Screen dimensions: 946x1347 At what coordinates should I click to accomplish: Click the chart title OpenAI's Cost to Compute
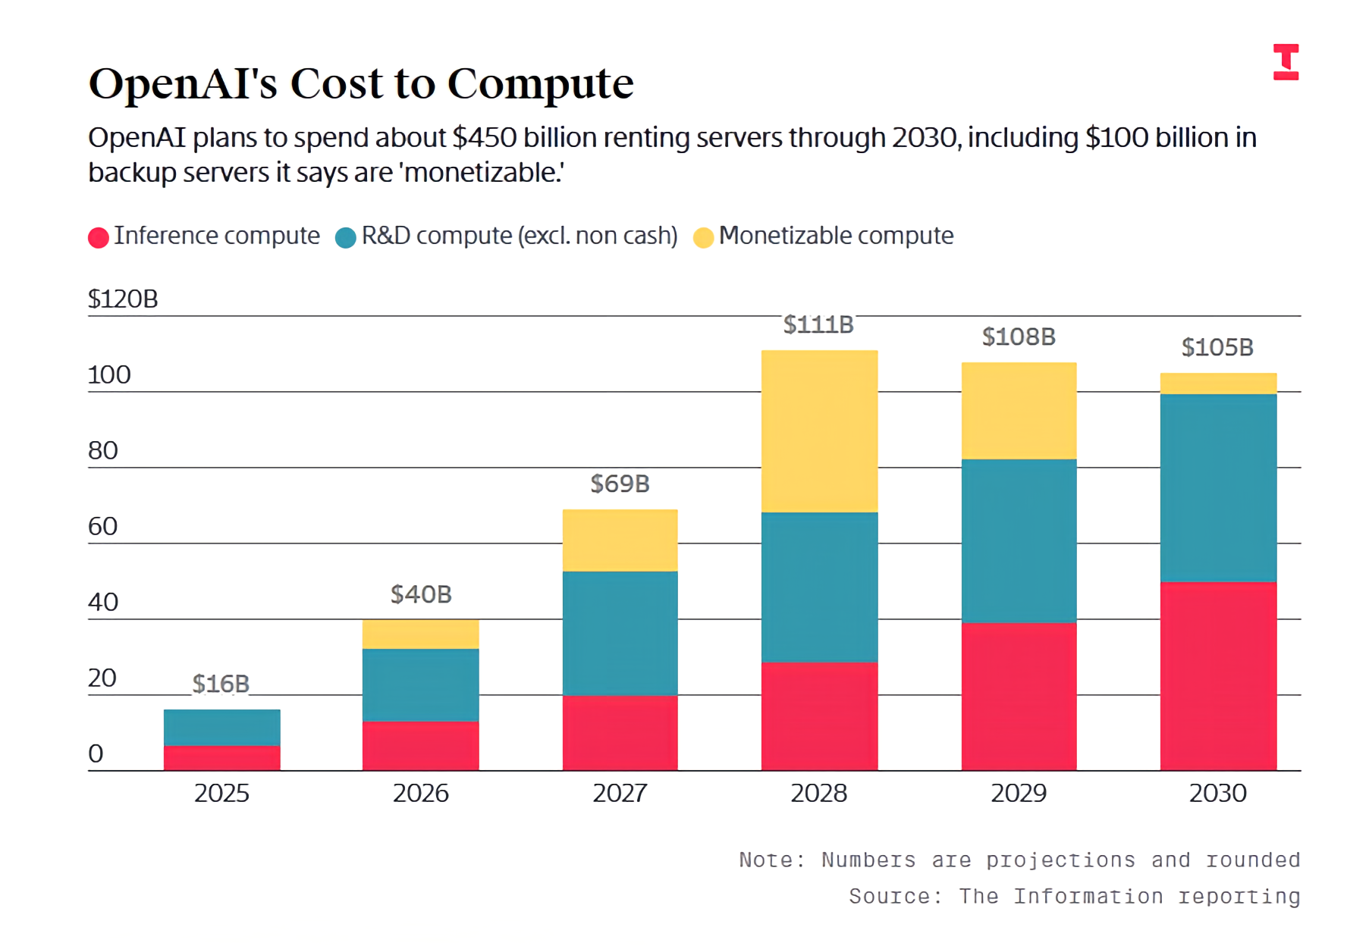pyautogui.click(x=361, y=83)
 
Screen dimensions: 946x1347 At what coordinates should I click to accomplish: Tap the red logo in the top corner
pyautogui.click(x=1286, y=61)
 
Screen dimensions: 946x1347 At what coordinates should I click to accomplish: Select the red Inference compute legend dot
pyautogui.click(x=99, y=237)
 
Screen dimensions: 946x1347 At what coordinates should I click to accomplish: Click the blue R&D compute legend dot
pyautogui.click(x=346, y=237)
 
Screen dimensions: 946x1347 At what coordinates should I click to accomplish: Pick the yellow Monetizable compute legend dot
pyautogui.click(x=704, y=237)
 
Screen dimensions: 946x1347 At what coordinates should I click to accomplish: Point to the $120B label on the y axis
pyautogui.click(x=123, y=299)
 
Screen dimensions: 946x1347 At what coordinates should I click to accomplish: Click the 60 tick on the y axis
pyautogui.click(x=103, y=526)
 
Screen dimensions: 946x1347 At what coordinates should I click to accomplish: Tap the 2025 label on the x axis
pyautogui.click(x=221, y=793)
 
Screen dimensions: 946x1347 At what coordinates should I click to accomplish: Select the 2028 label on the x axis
pyautogui.click(x=819, y=793)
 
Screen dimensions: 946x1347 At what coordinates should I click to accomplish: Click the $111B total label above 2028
pyautogui.click(x=818, y=324)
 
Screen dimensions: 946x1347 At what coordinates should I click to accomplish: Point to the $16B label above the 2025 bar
pyautogui.click(x=221, y=684)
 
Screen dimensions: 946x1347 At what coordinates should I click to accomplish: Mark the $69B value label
pyautogui.click(x=620, y=484)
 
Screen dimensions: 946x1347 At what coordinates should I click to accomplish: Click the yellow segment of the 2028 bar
pyautogui.click(x=819, y=431)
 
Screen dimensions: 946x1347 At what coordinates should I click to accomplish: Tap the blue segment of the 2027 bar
pyautogui.click(x=620, y=633)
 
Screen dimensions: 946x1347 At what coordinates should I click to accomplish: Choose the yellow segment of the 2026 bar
pyautogui.click(x=421, y=634)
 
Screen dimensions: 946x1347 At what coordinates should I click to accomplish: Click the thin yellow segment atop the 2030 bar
pyautogui.click(x=1218, y=384)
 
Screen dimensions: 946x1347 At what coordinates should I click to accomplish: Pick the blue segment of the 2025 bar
pyautogui.click(x=221, y=728)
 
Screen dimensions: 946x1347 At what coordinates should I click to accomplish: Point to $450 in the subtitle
pyautogui.click(x=485, y=138)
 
